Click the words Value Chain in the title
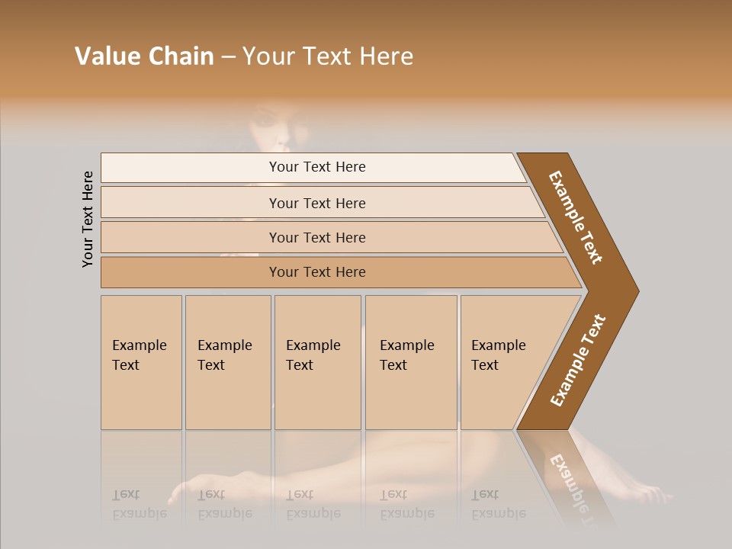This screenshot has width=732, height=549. coord(144,56)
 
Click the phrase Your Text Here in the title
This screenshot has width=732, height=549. coord(328,56)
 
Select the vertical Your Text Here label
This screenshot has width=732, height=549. coord(88,219)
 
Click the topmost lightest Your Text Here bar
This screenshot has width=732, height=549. coord(317,167)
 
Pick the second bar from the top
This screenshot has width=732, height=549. coord(317,203)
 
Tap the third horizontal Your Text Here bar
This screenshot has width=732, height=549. coord(317,237)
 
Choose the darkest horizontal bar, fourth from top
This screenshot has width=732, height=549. coord(317,272)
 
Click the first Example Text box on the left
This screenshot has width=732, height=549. coord(141,362)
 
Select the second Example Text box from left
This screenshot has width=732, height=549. coord(227,362)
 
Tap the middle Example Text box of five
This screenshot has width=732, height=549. coord(316,362)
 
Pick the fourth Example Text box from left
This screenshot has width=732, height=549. coord(410,362)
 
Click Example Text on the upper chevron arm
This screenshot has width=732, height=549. coord(576,217)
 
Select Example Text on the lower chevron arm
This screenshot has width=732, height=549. coord(577,360)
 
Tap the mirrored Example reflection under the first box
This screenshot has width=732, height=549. coord(139,512)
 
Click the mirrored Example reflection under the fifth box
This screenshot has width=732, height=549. coord(498,512)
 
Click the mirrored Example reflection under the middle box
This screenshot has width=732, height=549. coord(313,512)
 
